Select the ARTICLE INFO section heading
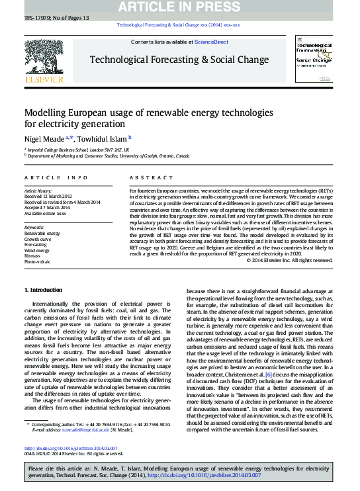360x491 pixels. pos(56,178)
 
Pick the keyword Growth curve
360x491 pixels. pos(38,240)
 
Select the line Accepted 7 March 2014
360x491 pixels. pos(51,208)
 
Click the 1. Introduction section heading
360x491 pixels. pos(44,290)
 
